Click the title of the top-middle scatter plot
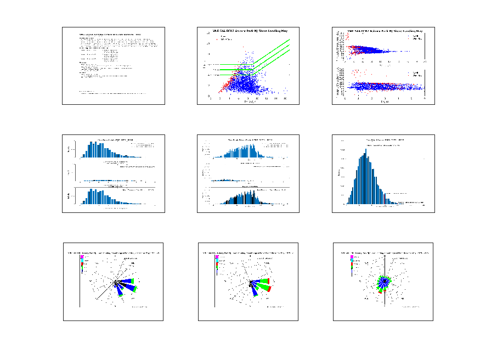click(249, 31)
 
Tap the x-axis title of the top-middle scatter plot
click(249, 101)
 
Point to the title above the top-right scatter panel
click(384, 31)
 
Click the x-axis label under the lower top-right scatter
click(384, 101)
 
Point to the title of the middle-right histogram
click(384, 140)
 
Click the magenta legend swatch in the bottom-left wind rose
click(82, 257)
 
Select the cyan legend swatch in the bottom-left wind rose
click(82, 261)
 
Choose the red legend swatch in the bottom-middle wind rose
click(217, 265)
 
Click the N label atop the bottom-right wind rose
click(385, 255)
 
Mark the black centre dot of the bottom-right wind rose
click(385, 283)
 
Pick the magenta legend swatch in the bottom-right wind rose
click(352, 257)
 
